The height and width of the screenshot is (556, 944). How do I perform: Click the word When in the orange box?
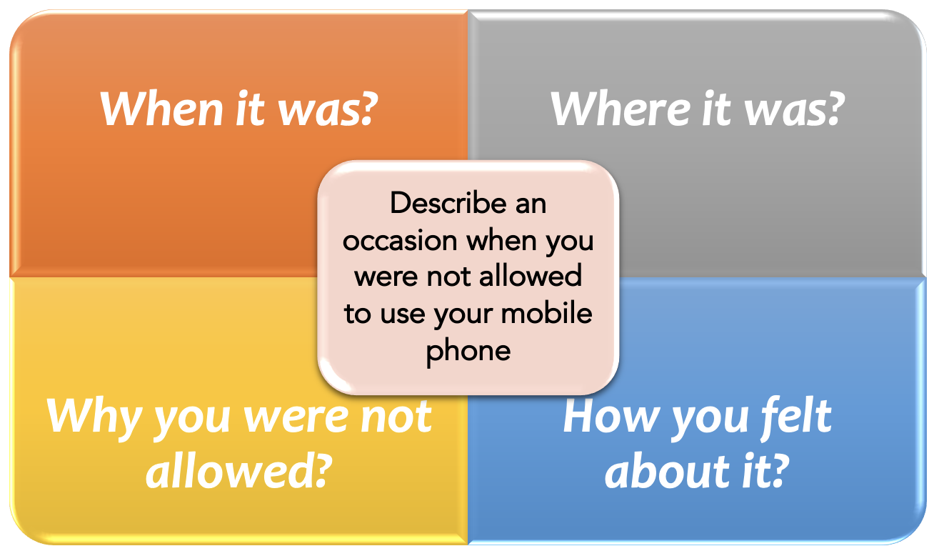[x=162, y=109]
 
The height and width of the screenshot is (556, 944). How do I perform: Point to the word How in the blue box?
[x=612, y=417]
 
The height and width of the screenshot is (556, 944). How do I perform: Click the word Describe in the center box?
[x=448, y=204]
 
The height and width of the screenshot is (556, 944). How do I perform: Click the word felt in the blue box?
[x=795, y=417]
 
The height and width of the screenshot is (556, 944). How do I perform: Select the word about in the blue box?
[x=668, y=471]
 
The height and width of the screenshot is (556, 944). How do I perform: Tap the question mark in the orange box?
[x=366, y=109]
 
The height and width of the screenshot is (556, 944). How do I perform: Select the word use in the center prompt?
[x=402, y=315]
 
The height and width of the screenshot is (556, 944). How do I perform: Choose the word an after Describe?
[x=531, y=205]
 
